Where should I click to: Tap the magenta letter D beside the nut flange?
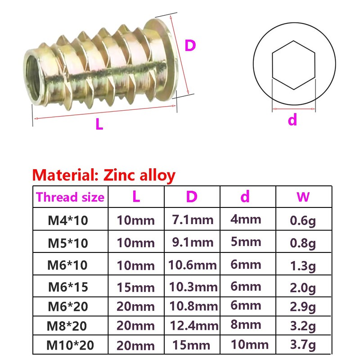click(x=190, y=45)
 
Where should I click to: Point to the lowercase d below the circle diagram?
click(x=292, y=120)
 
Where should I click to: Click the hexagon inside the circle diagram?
click(x=292, y=65)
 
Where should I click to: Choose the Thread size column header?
click(x=70, y=197)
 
